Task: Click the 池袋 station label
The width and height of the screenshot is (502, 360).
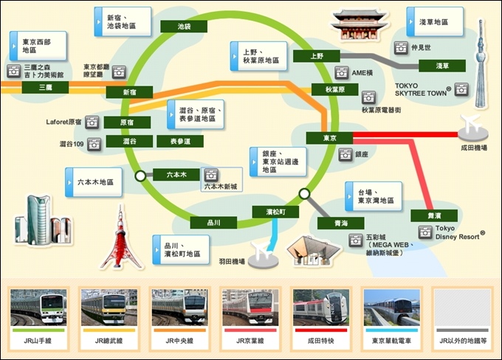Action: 184,27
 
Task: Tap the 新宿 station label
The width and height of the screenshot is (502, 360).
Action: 129,92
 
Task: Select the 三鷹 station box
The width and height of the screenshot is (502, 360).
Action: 45,87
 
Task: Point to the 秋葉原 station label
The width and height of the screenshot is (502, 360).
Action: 335,89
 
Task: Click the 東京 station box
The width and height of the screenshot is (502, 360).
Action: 329,138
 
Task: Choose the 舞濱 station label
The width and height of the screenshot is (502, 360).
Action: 434,215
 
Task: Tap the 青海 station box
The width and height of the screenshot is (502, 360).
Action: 340,223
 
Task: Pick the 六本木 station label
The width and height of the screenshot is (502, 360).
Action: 176,175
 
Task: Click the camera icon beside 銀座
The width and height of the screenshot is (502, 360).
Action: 345,155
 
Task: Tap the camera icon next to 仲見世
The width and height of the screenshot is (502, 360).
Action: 401,48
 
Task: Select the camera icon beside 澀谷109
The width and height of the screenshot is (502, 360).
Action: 94,145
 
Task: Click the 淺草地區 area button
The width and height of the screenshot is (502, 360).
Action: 435,21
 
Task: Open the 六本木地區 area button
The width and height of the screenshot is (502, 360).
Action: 94,182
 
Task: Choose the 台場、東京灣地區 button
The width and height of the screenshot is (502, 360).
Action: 374,196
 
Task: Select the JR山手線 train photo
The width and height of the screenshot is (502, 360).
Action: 38,308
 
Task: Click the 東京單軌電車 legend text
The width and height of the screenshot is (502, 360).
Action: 391,341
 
